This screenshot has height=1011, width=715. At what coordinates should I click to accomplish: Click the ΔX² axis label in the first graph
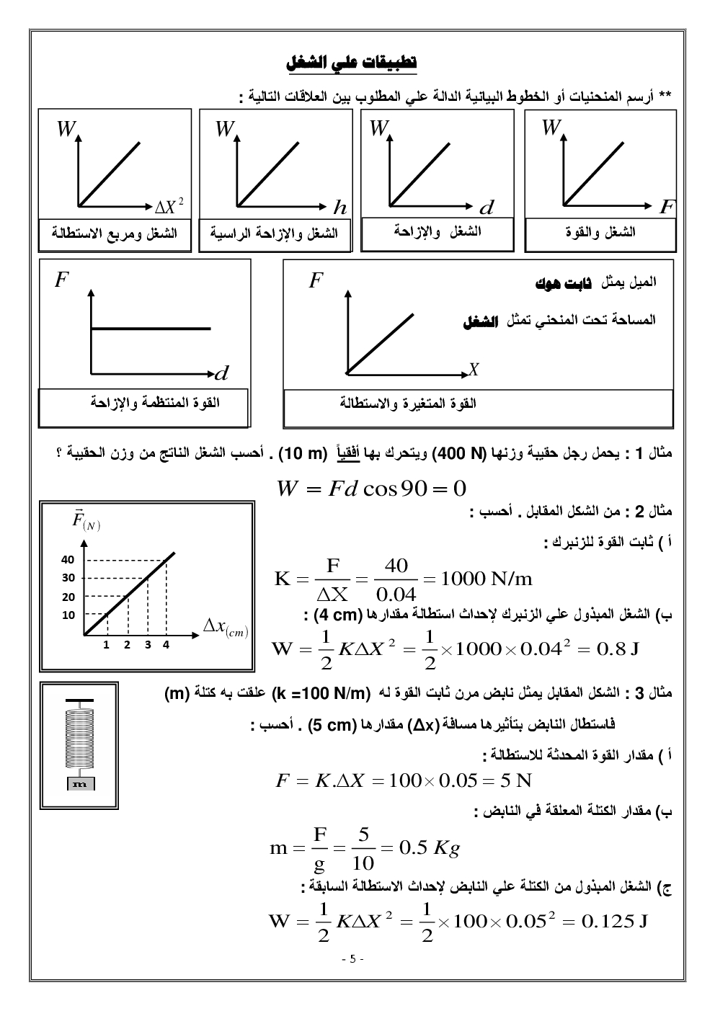point(169,208)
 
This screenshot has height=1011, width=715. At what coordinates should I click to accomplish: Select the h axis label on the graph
point(339,208)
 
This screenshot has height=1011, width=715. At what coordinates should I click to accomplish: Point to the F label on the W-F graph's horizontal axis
point(665,208)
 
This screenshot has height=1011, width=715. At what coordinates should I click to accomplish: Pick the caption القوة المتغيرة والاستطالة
point(408,403)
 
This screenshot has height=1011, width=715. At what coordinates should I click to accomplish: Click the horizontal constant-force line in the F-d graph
point(151,329)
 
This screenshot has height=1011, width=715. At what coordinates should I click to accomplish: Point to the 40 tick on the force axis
point(68,560)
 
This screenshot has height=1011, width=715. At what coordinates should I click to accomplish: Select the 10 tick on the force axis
point(68,615)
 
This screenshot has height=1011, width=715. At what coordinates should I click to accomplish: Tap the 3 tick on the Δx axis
point(147,645)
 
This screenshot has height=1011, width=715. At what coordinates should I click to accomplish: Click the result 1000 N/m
point(487,578)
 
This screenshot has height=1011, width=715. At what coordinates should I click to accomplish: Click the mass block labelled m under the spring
point(81,784)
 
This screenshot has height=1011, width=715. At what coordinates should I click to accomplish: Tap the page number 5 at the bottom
point(353,959)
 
